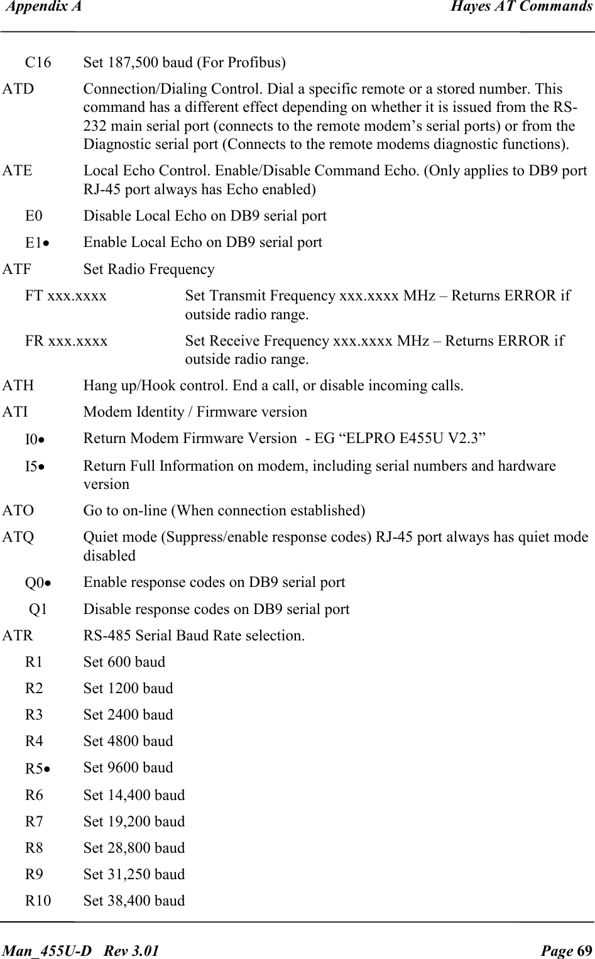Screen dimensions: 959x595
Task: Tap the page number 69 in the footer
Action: pos(583,949)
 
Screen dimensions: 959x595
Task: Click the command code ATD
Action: pos(18,89)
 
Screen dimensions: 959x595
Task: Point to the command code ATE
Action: pos(18,171)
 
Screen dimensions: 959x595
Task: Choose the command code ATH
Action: pos(18,385)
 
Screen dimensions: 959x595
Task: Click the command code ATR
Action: pos(18,636)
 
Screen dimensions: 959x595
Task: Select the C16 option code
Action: pos(38,63)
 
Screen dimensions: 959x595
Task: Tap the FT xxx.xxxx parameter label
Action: pos(66,295)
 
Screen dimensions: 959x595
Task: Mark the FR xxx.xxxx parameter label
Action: pos(66,341)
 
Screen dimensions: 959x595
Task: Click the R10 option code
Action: pos(38,901)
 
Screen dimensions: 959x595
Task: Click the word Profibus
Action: pos(256,63)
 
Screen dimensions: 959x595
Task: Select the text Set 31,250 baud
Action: pos(134,874)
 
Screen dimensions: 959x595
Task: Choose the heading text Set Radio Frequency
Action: pos(149,270)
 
